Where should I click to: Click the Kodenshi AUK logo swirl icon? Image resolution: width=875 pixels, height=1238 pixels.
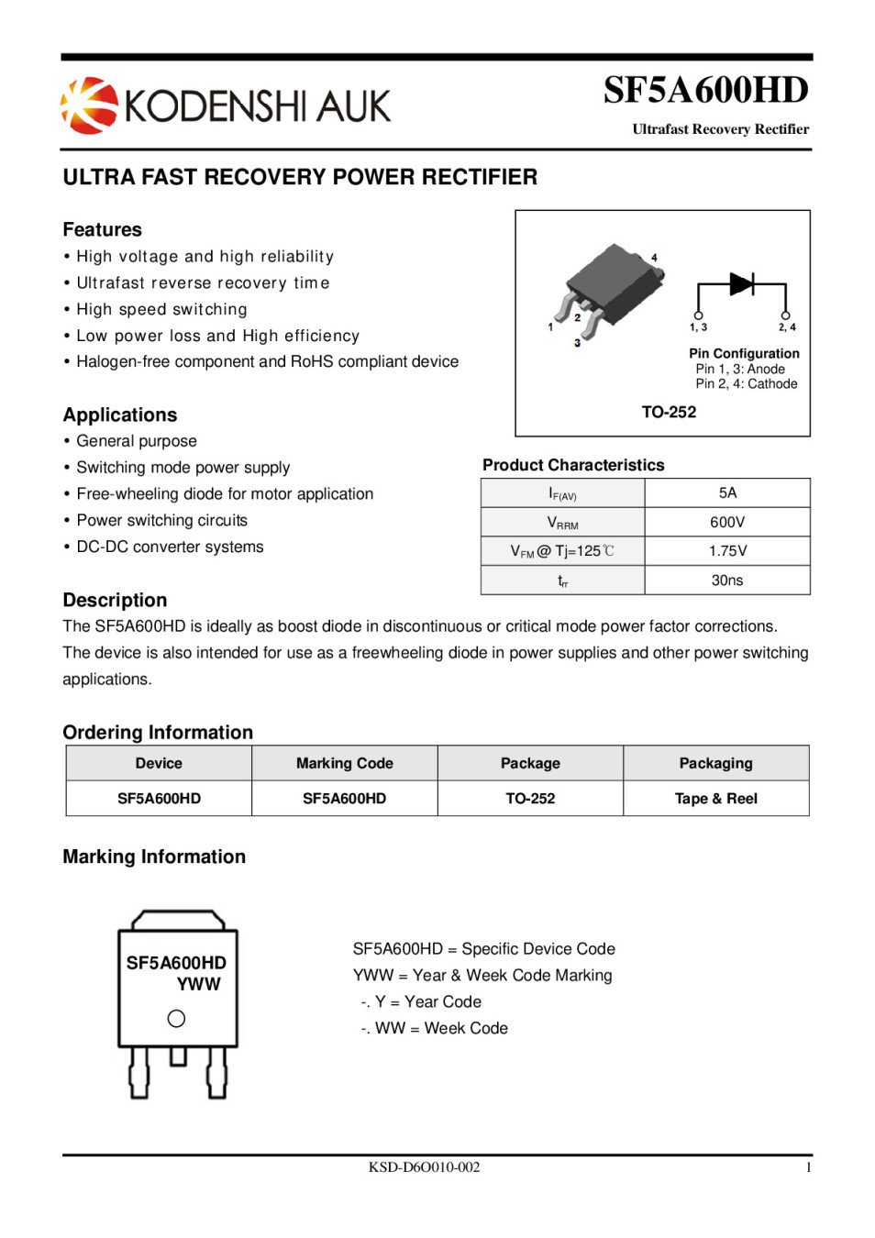[x=89, y=105]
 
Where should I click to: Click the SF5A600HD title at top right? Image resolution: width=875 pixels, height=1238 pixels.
[x=705, y=90]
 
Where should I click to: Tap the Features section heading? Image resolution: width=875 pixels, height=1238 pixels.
[x=102, y=229]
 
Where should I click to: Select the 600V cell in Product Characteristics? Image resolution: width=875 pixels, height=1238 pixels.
[x=727, y=522]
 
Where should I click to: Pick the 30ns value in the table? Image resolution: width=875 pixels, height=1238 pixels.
[x=727, y=580]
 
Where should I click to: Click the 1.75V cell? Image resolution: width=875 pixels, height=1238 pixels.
[x=727, y=550]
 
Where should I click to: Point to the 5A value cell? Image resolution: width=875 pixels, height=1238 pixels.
[x=727, y=492]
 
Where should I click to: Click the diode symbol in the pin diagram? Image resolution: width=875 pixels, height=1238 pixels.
[x=741, y=283]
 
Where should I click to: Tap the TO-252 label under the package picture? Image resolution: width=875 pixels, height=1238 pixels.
[x=669, y=412]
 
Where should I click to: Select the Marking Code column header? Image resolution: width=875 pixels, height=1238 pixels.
[x=344, y=763]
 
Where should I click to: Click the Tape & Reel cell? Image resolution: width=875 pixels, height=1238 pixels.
[x=715, y=798]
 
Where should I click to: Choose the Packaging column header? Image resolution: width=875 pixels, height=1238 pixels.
[x=715, y=763]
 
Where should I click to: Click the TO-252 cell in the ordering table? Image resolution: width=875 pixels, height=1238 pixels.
[x=530, y=798]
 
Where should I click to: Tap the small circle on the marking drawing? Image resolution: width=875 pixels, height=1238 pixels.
[x=177, y=1018]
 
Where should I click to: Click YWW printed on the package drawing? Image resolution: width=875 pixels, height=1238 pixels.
[x=198, y=984]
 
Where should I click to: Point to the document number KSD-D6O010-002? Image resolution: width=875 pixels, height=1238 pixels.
[x=424, y=1166]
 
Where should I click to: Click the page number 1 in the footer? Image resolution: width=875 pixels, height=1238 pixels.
[x=808, y=1166]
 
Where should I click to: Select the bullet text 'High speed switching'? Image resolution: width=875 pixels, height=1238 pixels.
[x=161, y=309]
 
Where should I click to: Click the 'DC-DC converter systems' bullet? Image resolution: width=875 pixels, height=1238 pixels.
[x=170, y=547]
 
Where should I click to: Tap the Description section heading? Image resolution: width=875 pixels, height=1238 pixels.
[x=115, y=600]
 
